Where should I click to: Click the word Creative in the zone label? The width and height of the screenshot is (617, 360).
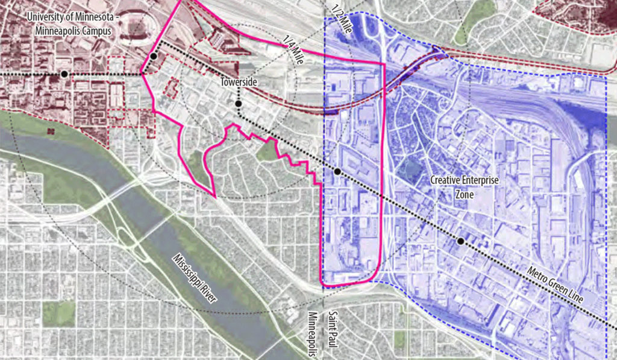click(x=447, y=180)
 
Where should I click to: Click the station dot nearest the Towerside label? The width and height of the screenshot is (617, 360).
click(x=239, y=103)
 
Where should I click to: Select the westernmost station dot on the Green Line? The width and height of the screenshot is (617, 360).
click(x=64, y=74)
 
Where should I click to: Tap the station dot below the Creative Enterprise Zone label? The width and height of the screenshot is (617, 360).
click(x=460, y=241)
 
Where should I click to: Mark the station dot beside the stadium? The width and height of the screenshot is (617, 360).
click(x=154, y=56)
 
